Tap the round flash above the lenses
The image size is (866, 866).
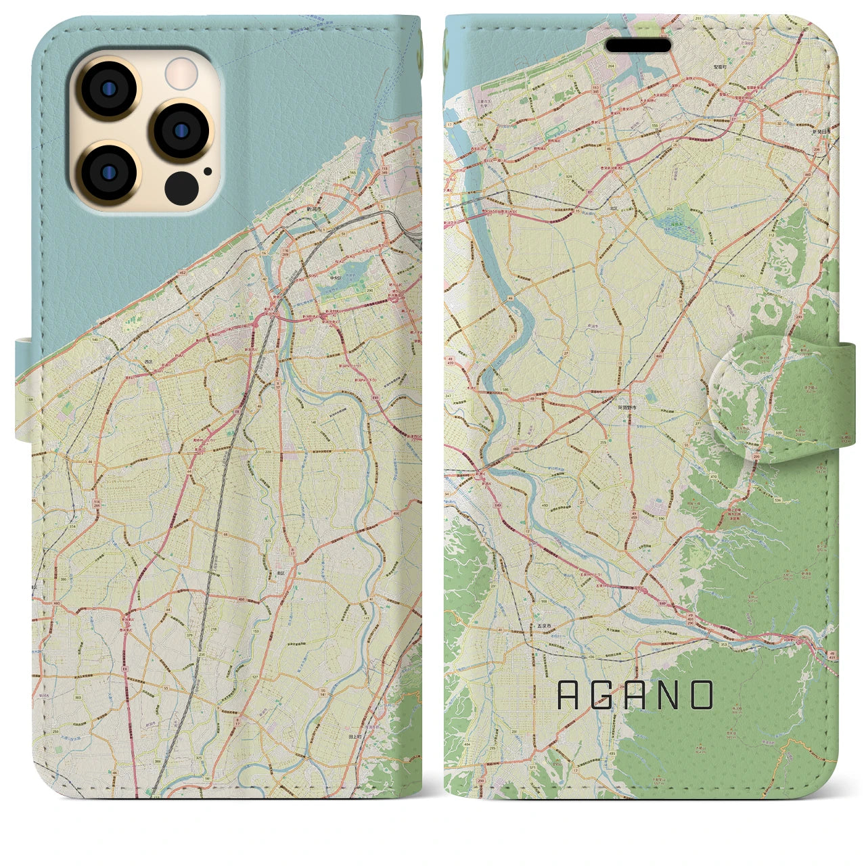[x=181, y=73]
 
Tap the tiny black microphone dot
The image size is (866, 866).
[x=206, y=171]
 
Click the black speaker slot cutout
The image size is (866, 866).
[x=638, y=45]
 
